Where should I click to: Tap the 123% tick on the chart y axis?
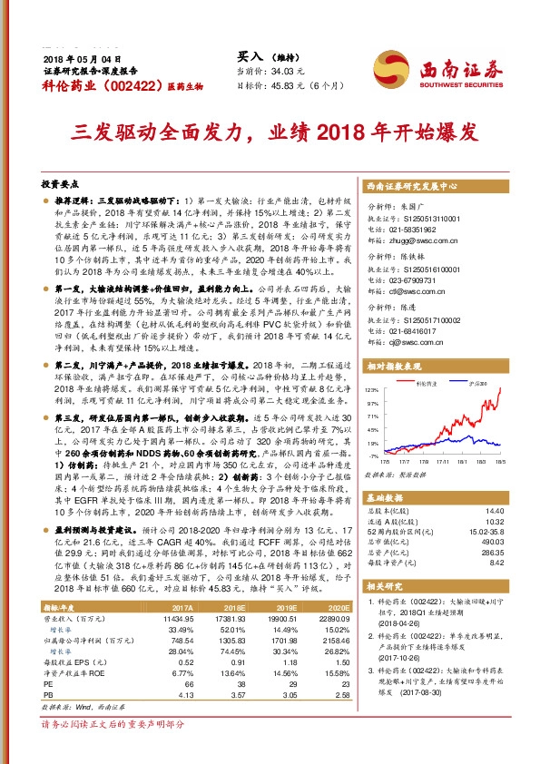373,388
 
